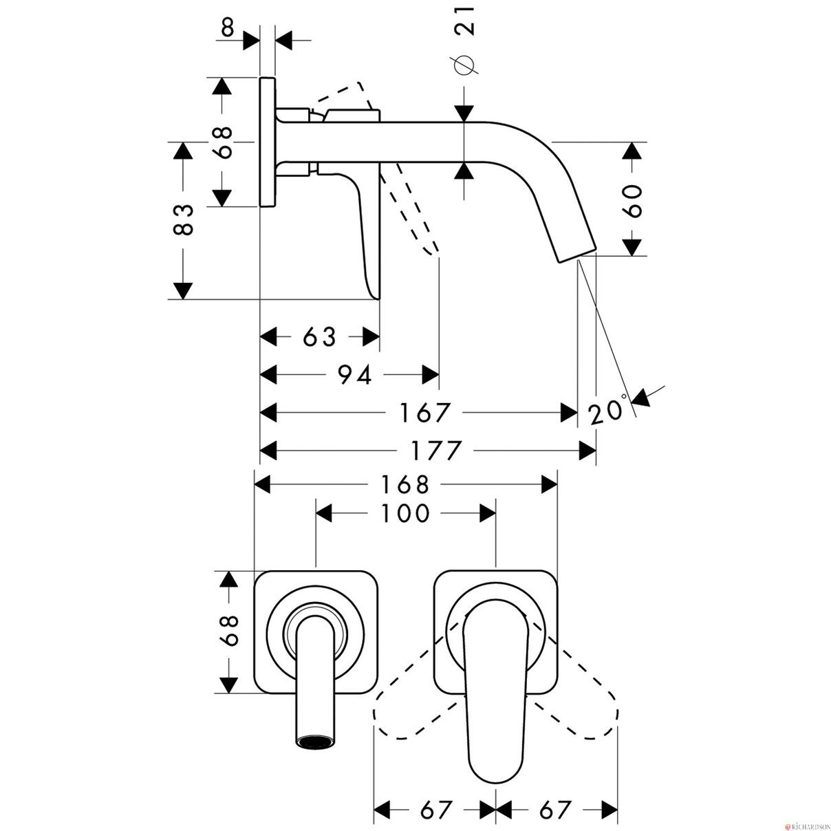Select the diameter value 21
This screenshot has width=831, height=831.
point(464,20)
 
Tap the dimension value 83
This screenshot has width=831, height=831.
point(183,220)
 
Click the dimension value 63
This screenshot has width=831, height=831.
point(320,336)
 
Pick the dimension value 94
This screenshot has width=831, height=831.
point(354,374)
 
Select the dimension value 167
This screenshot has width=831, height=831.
point(424,413)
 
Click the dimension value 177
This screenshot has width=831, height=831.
point(436,451)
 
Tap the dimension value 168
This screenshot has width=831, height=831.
point(405,484)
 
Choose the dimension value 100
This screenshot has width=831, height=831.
point(405,513)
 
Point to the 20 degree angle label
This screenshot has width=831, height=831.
point(606,410)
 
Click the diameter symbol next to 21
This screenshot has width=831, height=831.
point(464,65)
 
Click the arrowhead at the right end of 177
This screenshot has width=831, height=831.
point(587,451)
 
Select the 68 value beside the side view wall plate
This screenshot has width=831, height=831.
point(223,142)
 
